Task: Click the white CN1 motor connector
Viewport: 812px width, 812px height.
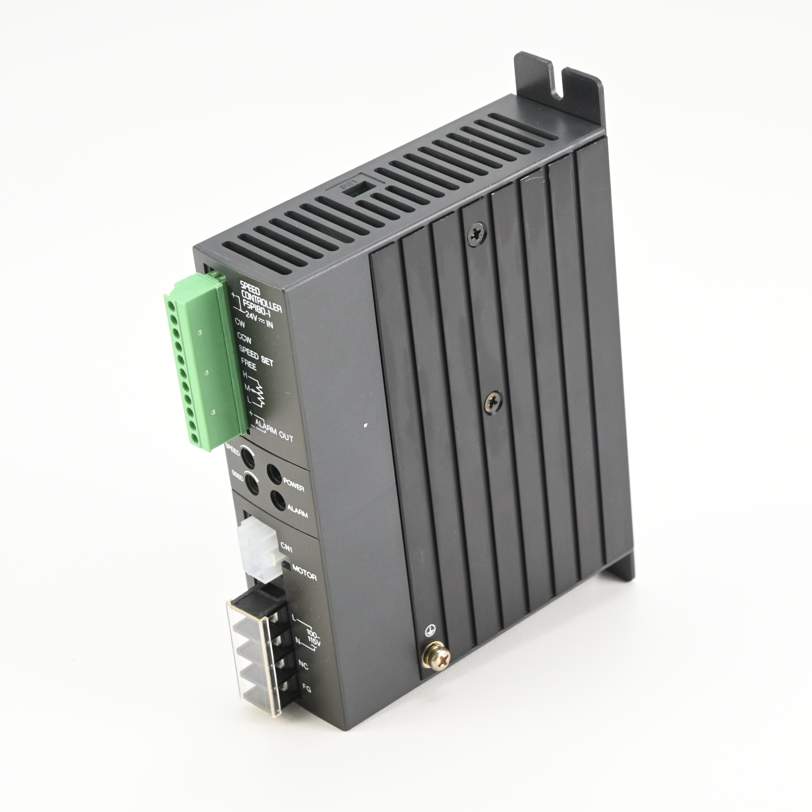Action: tap(257, 546)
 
